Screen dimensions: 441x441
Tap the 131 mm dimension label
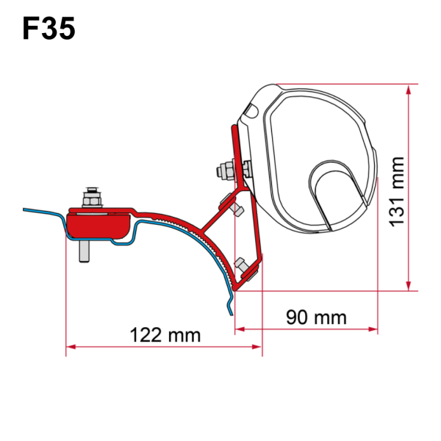pos(397,188)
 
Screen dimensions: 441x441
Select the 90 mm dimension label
pos(306,318)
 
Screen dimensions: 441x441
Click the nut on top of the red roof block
pos(93,198)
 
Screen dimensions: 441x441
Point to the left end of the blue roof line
pos(24,209)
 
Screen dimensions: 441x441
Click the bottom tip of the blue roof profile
pos(232,313)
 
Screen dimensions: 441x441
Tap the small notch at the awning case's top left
pos(249,110)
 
